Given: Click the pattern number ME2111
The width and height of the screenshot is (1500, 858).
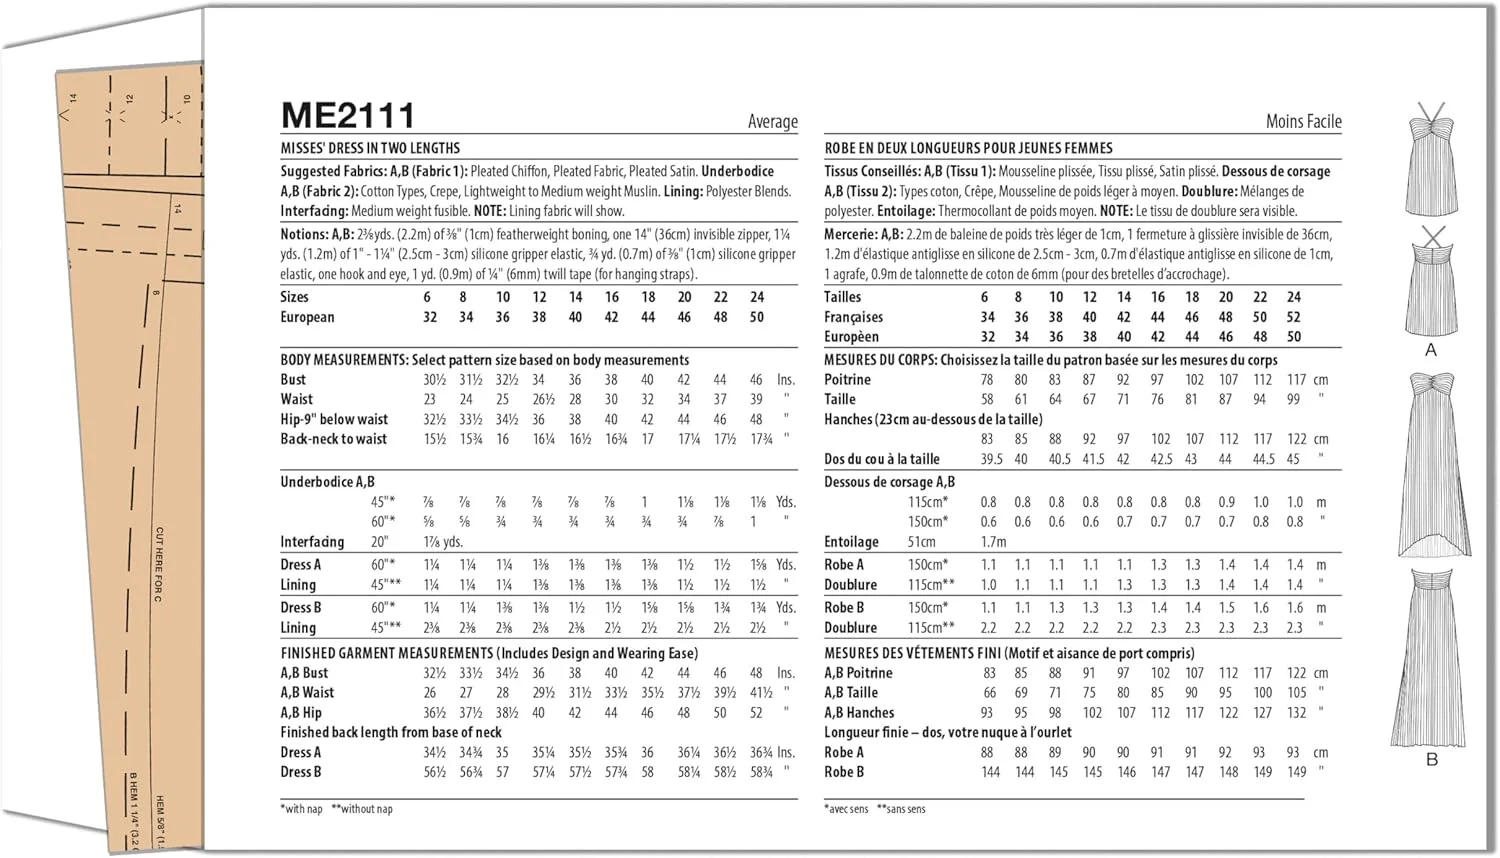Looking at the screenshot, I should (x=347, y=116).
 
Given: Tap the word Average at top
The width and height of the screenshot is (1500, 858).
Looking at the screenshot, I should (x=772, y=122).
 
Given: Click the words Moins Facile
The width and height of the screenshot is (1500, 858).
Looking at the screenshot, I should (x=1303, y=122).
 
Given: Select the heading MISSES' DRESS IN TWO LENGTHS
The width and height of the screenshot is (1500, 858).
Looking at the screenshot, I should (x=370, y=148).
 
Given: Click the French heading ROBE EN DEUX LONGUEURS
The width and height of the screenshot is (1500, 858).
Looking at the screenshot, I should (x=968, y=148).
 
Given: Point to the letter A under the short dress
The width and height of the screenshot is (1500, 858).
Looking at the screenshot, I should (x=1430, y=350).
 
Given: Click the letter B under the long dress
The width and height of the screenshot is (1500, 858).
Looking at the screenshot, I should (x=1431, y=760).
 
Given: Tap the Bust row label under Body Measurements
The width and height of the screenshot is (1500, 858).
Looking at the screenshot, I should (x=293, y=380).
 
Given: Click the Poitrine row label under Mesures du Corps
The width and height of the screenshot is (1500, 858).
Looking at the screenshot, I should (x=847, y=380).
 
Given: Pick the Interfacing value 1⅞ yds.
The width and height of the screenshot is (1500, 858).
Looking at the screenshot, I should (x=444, y=542).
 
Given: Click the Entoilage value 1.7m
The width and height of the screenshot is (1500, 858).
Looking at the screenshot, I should (x=993, y=542).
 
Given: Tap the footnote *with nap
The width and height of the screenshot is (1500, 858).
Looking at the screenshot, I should (x=302, y=809).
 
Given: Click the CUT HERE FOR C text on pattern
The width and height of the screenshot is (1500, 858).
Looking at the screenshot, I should (x=159, y=564).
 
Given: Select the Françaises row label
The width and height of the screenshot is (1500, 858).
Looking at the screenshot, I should (x=853, y=317).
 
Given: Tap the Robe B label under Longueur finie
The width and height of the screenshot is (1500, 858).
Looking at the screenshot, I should (x=843, y=772).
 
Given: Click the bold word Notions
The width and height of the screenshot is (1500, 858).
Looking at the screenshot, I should (x=304, y=235).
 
